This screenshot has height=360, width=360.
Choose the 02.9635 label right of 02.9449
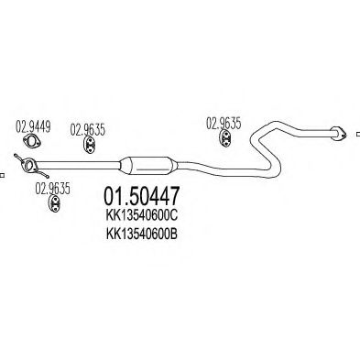[88, 128]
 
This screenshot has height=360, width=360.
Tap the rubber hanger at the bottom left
[53, 206]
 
